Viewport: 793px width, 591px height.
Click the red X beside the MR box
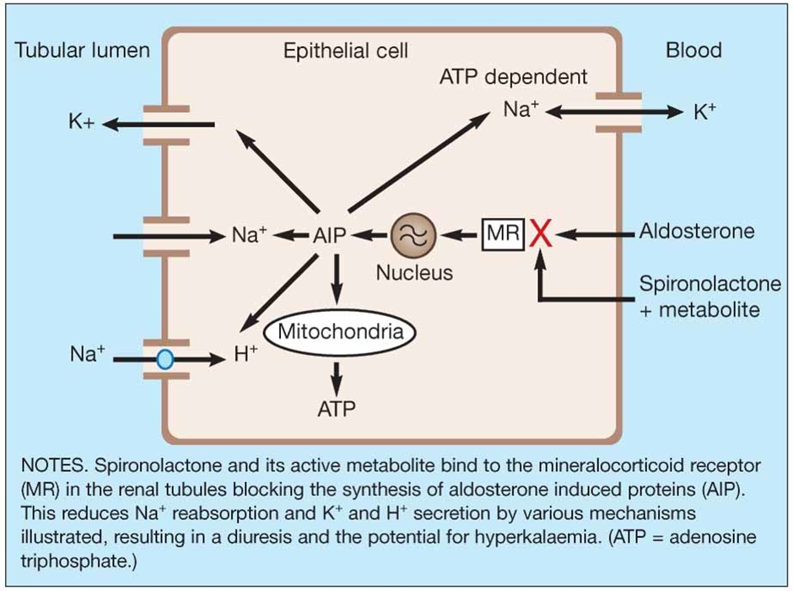tap(541, 233)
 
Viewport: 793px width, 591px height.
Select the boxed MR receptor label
tap(503, 233)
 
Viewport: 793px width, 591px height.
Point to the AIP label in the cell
tap(329, 235)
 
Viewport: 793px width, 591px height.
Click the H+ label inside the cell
tap(245, 355)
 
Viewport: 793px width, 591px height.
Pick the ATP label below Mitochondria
tap(337, 409)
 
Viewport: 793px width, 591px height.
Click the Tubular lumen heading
tap(82, 51)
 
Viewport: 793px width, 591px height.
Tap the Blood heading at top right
tap(693, 51)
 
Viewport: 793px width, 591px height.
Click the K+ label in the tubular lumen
tap(82, 123)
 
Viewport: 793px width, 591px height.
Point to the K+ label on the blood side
tap(704, 111)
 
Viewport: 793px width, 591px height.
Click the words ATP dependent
tap(514, 77)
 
